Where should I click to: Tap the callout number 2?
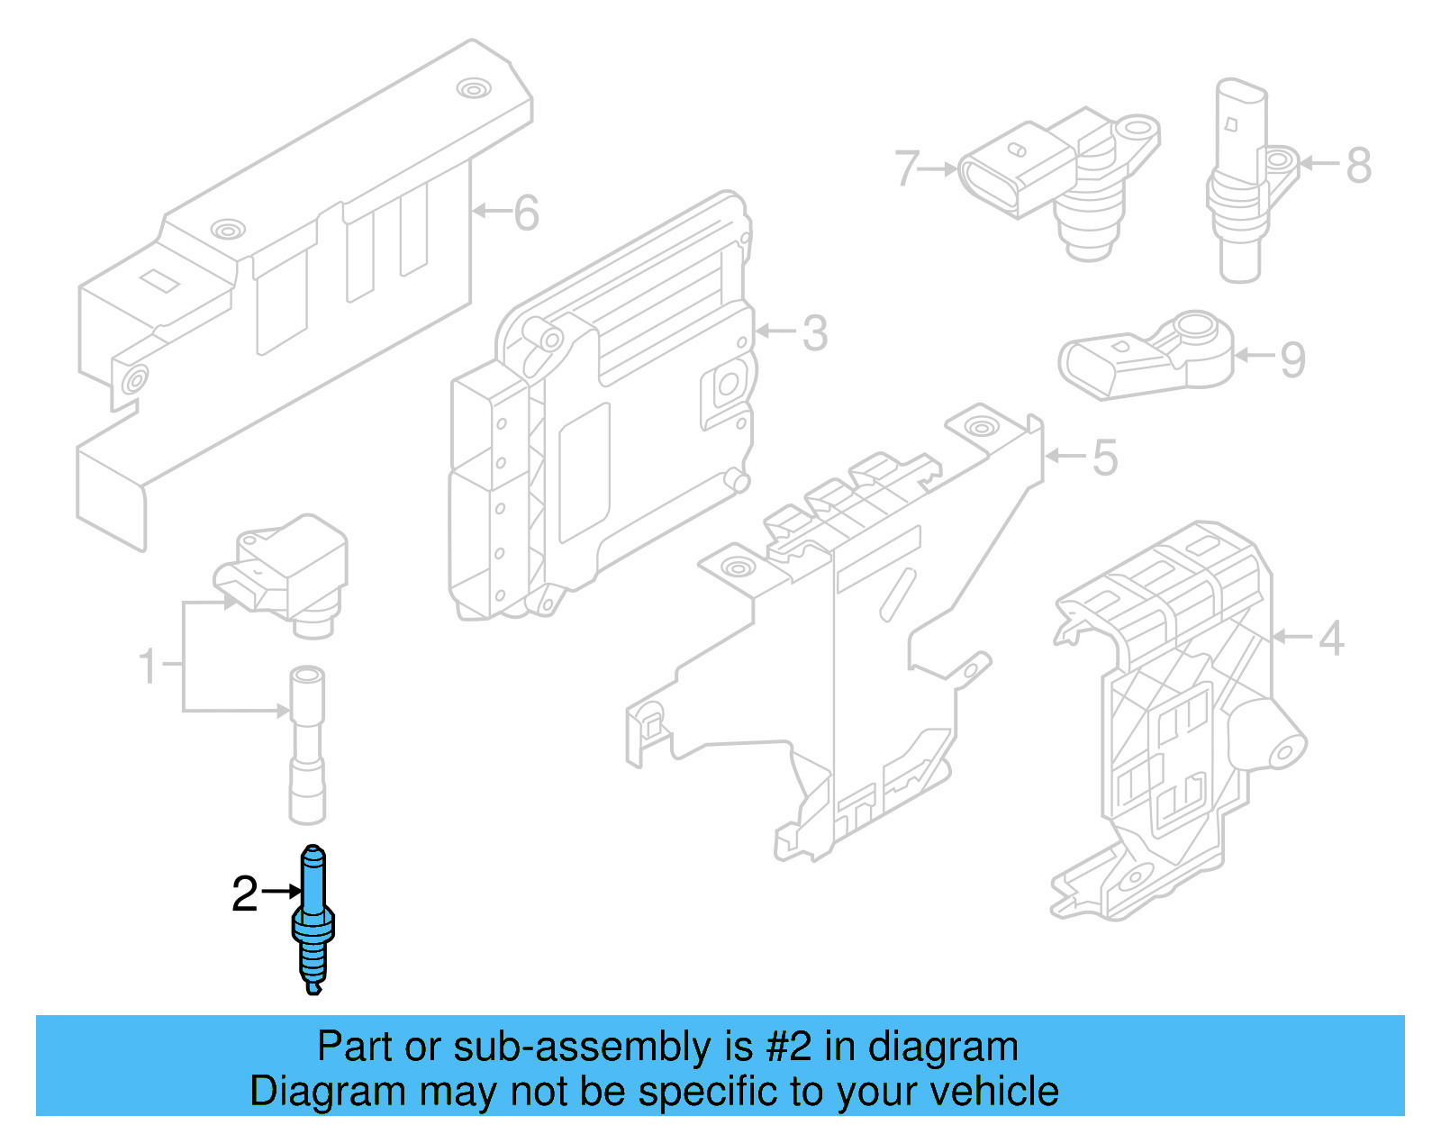pyautogui.click(x=244, y=894)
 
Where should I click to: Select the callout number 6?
pyautogui.click(x=526, y=213)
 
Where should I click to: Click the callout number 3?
pyautogui.click(x=814, y=333)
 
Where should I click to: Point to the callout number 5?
pyautogui.click(x=1105, y=458)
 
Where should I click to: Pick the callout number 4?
pyautogui.click(x=1331, y=639)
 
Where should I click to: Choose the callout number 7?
pyautogui.click(x=907, y=168)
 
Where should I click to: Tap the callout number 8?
pyautogui.click(x=1359, y=166)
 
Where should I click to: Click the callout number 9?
pyautogui.click(x=1292, y=359)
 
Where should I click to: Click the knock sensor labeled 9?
pyautogui.click(x=1144, y=356)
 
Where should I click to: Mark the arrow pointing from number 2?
pyautogui.click(x=283, y=891)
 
